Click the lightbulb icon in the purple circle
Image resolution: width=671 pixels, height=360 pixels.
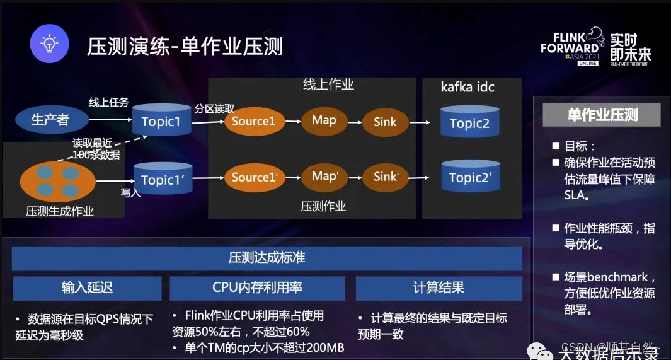(49, 44)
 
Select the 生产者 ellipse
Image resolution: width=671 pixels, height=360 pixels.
(51, 120)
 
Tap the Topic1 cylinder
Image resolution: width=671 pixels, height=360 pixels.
(161, 121)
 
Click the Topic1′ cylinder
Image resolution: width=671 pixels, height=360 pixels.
(161, 179)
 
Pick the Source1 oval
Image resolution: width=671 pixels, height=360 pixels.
(253, 121)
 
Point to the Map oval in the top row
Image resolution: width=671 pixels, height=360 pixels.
(324, 120)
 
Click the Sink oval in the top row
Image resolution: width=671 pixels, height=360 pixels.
(385, 122)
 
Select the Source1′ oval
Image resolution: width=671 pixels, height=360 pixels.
(253, 178)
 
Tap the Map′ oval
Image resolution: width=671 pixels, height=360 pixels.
(324, 177)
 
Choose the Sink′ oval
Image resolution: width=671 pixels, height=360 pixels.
(385, 177)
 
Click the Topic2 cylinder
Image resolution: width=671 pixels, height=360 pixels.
(469, 122)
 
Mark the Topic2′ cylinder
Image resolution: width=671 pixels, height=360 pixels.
(470, 178)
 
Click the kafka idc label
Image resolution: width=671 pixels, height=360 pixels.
(467, 87)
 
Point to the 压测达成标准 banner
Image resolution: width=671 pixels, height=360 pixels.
(267, 258)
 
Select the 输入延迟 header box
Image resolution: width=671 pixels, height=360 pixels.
(87, 288)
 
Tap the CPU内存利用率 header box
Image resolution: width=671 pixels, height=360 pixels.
(257, 288)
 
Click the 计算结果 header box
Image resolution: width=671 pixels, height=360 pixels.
(439, 288)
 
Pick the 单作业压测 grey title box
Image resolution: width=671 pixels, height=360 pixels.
(602, 115)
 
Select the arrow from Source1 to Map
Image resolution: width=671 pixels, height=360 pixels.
(291, 121)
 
